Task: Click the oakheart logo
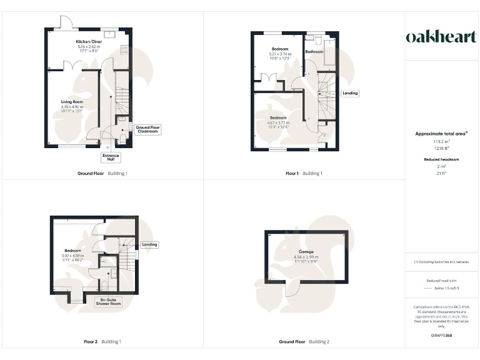(442, 37)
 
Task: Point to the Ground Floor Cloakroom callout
(147, 129)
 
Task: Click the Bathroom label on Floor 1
(313, 52)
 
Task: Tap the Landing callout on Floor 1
(350, 94)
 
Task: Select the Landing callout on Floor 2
(149, 244)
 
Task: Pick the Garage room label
(306, 251)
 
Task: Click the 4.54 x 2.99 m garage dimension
(306, 257)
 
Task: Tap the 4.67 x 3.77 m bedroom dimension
(278, 122)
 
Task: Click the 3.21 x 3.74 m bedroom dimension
(280, 54)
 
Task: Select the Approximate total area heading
(441, 134)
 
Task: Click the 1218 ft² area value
(441, 147)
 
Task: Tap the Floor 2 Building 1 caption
(102, 342)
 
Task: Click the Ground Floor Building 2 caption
(304, 342)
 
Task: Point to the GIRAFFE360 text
(441, 336)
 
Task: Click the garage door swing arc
(291, 289)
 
